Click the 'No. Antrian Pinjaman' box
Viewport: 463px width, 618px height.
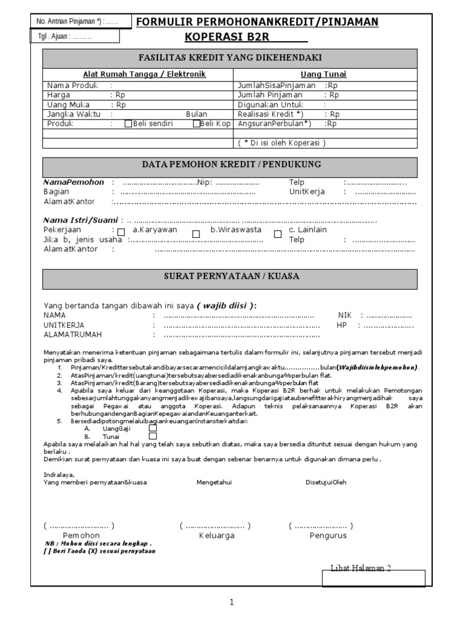click(x=75, y=22)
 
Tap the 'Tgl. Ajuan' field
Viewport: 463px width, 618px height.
click(x=75, y=36)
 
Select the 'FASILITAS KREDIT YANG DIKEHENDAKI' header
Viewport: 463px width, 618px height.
click(x=230, y=58)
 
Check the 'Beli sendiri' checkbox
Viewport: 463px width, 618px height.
click(x=128, y=124)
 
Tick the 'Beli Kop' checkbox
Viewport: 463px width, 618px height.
click(x=197, y=124)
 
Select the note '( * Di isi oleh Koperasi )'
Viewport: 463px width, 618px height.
click(x=281, y=143)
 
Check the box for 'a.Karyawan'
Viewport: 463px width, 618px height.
click(x=121, y=232)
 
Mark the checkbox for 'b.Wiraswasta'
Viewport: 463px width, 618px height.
click(x=196, y=234)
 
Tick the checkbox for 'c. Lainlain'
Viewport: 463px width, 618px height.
click(x=278, y=234)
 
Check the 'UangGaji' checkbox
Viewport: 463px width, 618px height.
click(x=153, y=428)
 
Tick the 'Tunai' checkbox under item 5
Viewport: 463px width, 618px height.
click(x=153, y=436)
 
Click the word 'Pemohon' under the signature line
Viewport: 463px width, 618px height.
click(x=81, y=535)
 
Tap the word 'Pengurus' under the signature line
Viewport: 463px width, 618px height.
click(x=328, y=535)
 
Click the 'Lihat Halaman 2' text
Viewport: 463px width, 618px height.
click(x=361, y=569)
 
